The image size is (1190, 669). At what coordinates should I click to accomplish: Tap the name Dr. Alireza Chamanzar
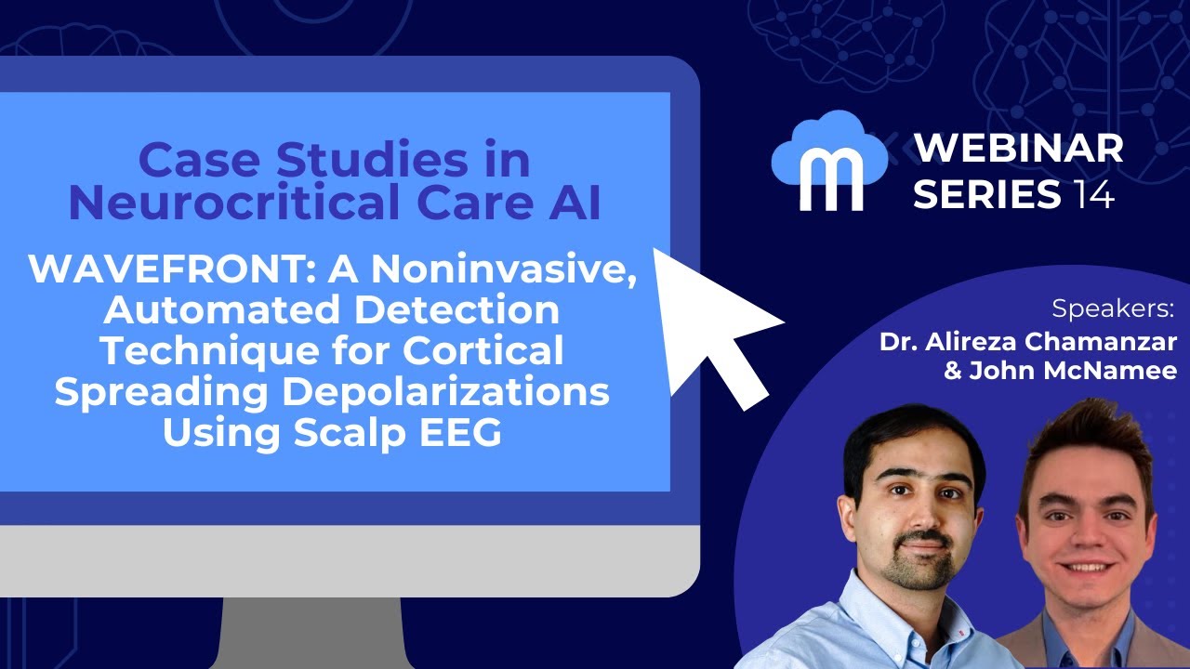(x=1028, y=341)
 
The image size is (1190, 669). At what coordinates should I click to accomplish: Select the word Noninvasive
(x=503, y=270)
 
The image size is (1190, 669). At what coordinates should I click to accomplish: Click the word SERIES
(x=986, y=195)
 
